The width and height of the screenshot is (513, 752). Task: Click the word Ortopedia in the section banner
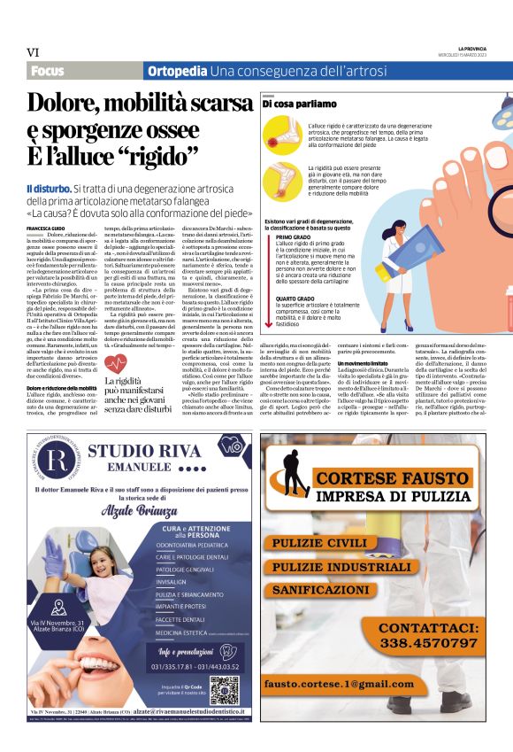coord(176,71)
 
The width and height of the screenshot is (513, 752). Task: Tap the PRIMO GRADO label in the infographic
coord(293,237)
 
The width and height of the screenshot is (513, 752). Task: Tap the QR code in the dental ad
coord(224,690)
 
